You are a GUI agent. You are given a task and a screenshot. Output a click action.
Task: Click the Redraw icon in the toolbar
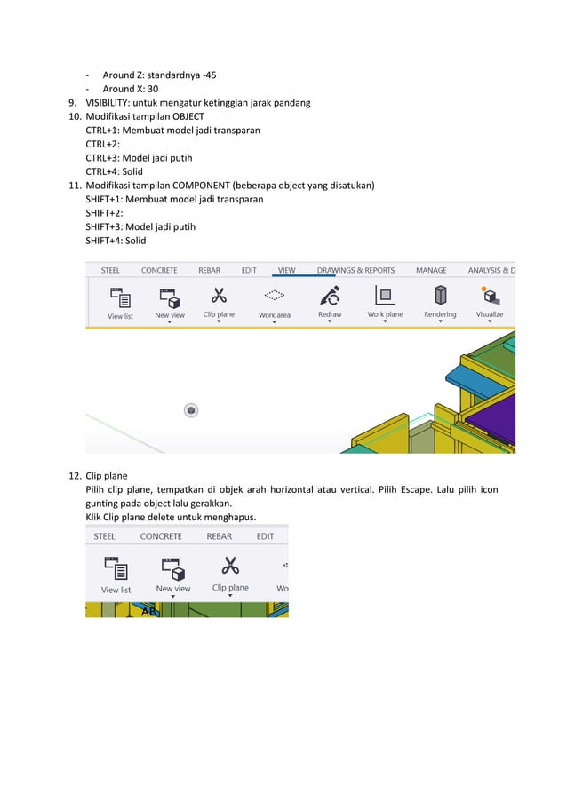[330, 295]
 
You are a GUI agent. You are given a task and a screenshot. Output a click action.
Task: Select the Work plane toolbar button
[385, 295]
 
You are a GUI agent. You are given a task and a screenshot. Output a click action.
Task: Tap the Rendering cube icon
[440, 295]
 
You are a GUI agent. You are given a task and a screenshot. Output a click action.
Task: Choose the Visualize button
[489, 295]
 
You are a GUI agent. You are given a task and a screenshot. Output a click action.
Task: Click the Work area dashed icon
[275, 295]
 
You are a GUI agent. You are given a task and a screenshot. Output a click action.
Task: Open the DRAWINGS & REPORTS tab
[355, 270]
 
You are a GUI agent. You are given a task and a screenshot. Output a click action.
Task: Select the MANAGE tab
[431, 270]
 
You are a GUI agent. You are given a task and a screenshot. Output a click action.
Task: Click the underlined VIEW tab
[286, 270]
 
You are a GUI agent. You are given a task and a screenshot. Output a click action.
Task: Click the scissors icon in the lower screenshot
[230, 565]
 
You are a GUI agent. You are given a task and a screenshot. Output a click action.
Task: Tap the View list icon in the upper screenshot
[120, 297]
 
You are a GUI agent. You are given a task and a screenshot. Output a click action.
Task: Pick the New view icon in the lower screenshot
[172, 566]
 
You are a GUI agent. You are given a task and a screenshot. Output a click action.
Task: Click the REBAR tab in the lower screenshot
[219, 536]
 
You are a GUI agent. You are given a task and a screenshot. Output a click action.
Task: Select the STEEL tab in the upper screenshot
[110, 270]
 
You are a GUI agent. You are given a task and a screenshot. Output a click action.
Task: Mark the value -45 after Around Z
[207, 75]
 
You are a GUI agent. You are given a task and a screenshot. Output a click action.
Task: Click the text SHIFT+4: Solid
[116, 241]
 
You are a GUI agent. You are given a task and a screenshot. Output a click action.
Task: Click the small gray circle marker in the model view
[190, 409]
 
